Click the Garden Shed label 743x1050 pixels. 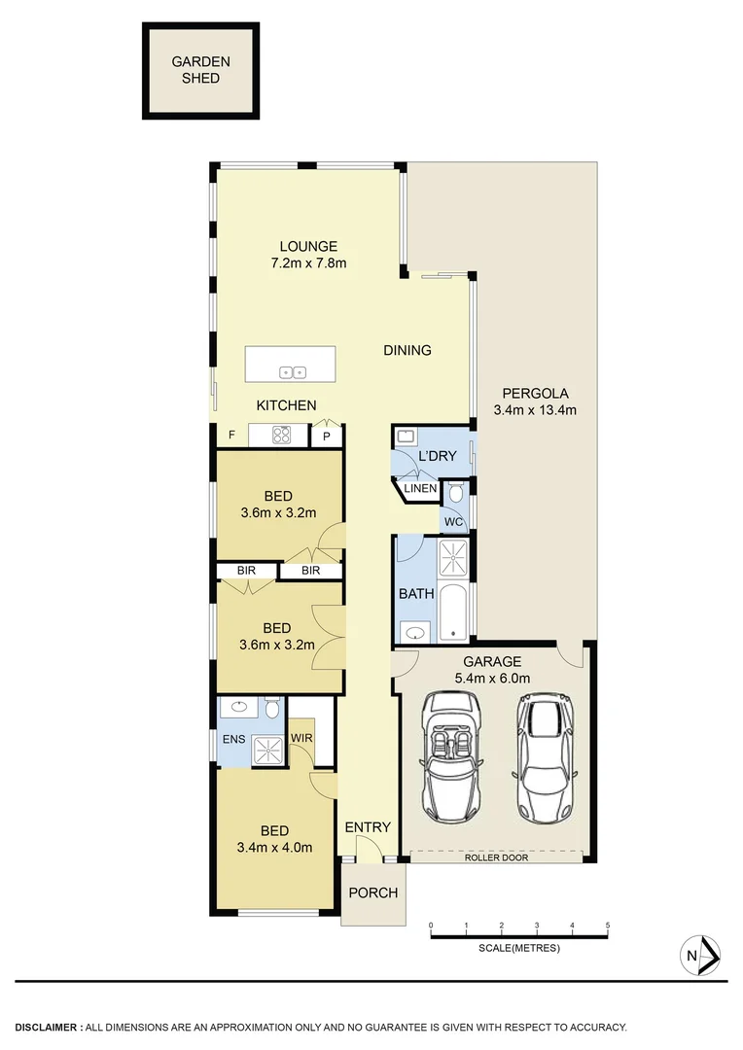(201, 70)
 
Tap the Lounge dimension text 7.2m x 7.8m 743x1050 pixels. (308, 262)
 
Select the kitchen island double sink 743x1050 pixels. (293, 371)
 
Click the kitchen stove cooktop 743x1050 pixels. (282, 435)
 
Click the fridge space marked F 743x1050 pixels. (231, 435)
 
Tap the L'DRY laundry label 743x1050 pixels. (437, 456)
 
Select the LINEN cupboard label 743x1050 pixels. (420, 488)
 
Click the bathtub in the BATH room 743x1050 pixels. (453, 612)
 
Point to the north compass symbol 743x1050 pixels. (700, 955)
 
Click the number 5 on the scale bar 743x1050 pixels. (607, 925)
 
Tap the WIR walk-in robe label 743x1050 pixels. (301, 738)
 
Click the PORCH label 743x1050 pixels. (370, 893)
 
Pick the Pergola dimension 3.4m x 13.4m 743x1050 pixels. (535, 409)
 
